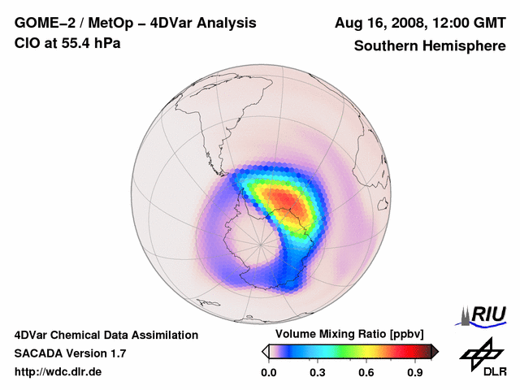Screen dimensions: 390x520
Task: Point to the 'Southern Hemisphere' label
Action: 429,45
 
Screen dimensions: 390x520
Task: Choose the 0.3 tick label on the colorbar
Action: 318,373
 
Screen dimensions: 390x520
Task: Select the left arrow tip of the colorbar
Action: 265,351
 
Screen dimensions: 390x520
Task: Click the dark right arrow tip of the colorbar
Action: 435,351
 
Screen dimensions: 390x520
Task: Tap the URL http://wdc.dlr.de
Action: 58,372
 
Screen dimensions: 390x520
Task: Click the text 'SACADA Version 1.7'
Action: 71,353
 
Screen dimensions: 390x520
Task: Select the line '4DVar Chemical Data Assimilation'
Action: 106,335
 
